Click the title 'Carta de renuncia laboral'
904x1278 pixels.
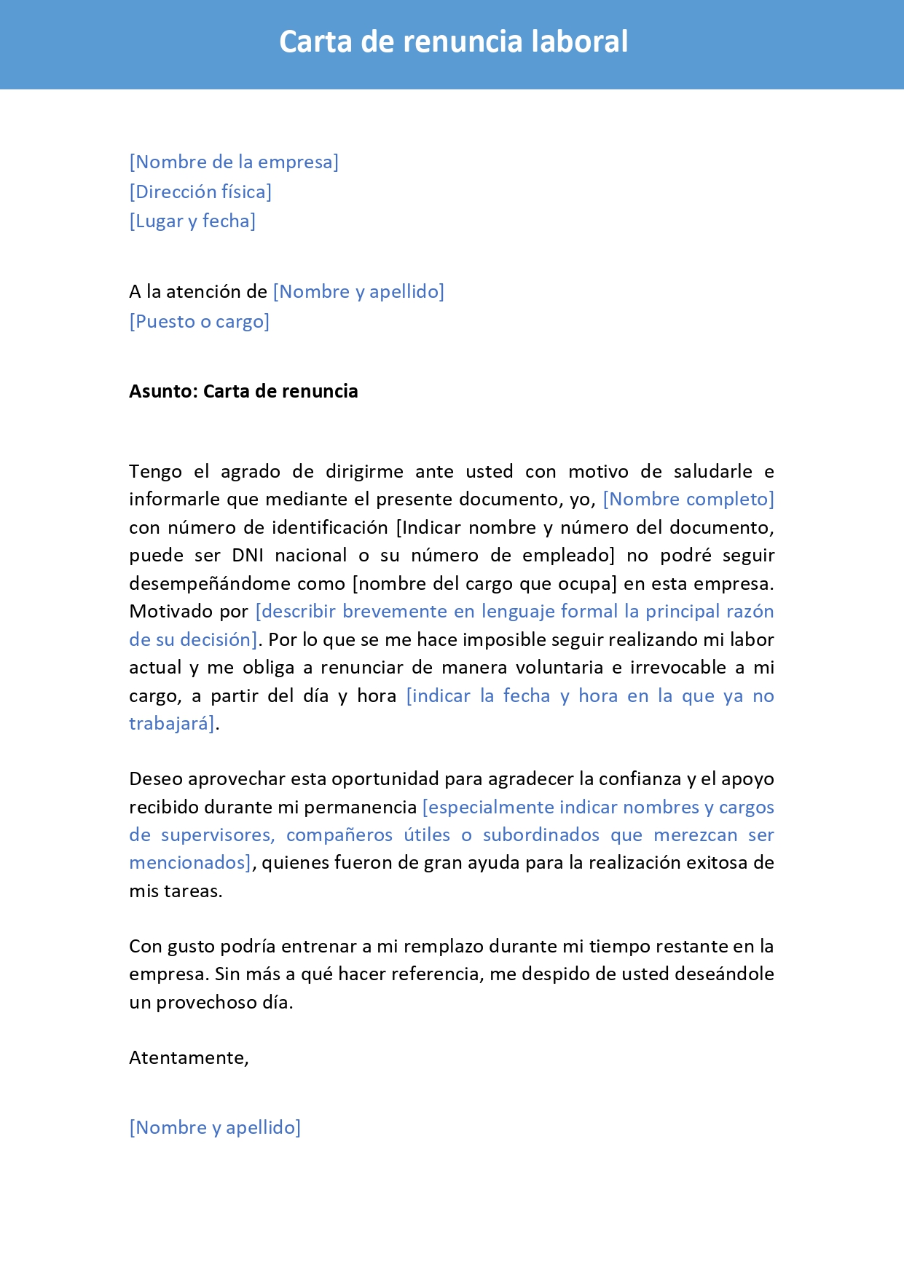[453, 42]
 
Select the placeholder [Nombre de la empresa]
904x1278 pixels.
[234, 162]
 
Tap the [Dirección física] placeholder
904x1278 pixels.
[200, 192]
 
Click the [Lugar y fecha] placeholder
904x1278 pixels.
[192, 221]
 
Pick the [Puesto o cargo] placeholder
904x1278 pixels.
[199, 321]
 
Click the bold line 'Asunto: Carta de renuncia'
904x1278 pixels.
[243, 391]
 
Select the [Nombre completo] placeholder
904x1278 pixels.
[688, 499]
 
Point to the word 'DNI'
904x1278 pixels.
[248, 555]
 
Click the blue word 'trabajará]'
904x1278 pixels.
[173, 723]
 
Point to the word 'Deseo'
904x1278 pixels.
[155, 778]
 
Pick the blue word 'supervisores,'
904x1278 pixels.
[218, 835]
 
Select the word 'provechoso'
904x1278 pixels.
[206, 1002]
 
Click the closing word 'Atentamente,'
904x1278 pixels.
[189, 1057]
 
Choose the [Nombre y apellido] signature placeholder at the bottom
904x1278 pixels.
[215, 1127]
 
